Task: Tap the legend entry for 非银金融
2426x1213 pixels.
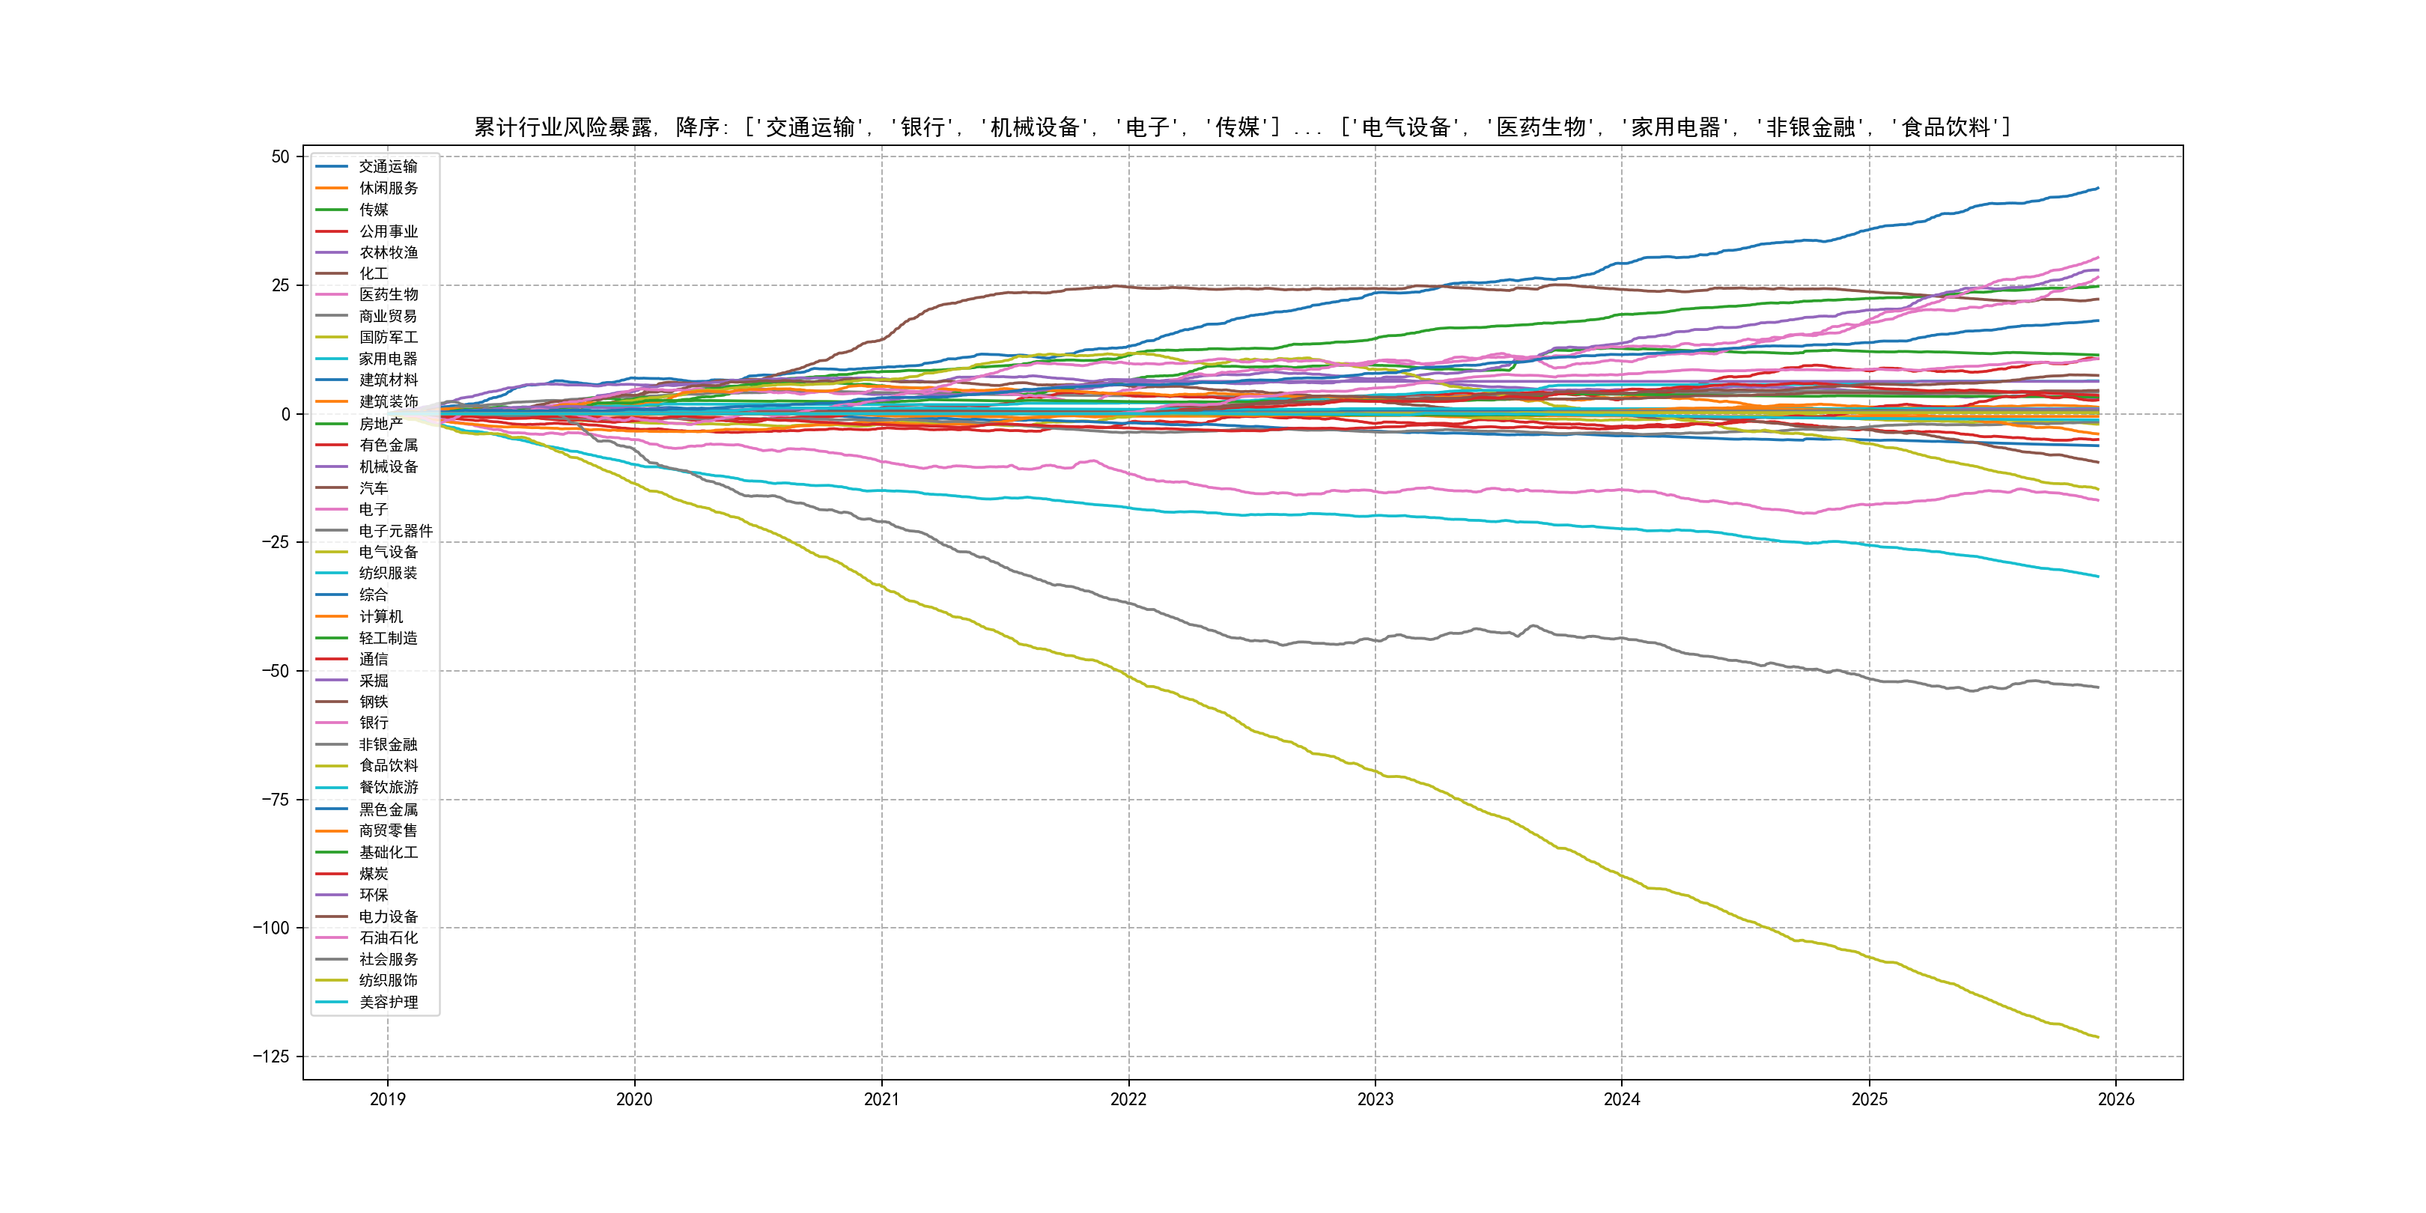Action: coord(388,744)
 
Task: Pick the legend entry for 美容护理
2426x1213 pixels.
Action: coord(388,1002)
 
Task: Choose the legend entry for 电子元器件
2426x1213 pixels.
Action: coord(395,531)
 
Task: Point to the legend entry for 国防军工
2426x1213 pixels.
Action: coord(388,337)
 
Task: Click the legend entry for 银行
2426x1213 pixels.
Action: coord(373,723)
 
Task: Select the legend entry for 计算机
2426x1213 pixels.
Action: coord(380,616)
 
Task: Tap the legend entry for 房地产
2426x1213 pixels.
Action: coord(380,424)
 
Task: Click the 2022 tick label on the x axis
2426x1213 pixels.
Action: coord(1128,1099)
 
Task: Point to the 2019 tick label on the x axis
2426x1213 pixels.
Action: coord(387,1099)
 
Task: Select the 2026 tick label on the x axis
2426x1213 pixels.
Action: coord(2116,1099)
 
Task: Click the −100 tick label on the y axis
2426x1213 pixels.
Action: coord(270,928)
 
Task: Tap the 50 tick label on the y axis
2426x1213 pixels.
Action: coord(280,156)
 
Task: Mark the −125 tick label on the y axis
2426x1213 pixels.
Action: coord(270,1057)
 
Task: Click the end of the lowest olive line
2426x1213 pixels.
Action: coord(2098,1038)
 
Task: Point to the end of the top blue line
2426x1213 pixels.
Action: coord(2098,189)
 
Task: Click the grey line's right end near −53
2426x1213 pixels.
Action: coord(2098,687)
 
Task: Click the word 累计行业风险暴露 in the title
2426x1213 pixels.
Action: coord(562,127)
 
